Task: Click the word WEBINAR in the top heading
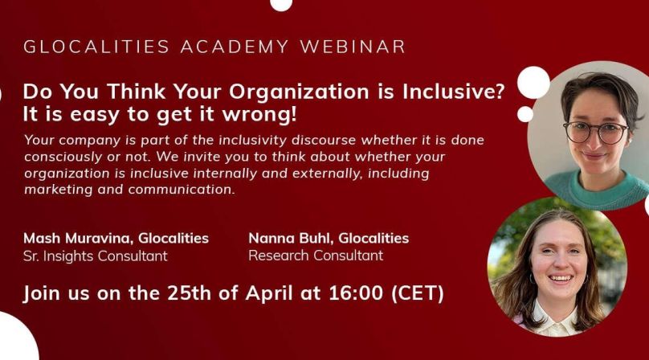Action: click(x=353, y=47)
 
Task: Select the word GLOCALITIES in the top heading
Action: click(x=96, y=47)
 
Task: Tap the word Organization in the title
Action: click(x=299, y=92)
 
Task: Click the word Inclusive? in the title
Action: click(x=453, y=92)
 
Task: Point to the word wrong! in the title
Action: click(x=260, y=115)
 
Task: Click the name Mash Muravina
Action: click(x=78, y=238)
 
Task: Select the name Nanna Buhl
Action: click(x=292, y=238)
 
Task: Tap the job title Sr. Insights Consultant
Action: click(x=96, y=256)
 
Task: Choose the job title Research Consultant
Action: click(x=316, y=256)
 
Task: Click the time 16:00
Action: click(x=356, y=292)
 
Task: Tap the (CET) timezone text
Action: click(x=418, y=293)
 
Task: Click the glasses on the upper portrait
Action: click(x=596, y=132)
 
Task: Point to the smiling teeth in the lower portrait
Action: click(x=560, y=278)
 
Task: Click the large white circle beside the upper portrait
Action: click(x=533, y=83)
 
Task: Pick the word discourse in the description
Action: click(x=323, y=140)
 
